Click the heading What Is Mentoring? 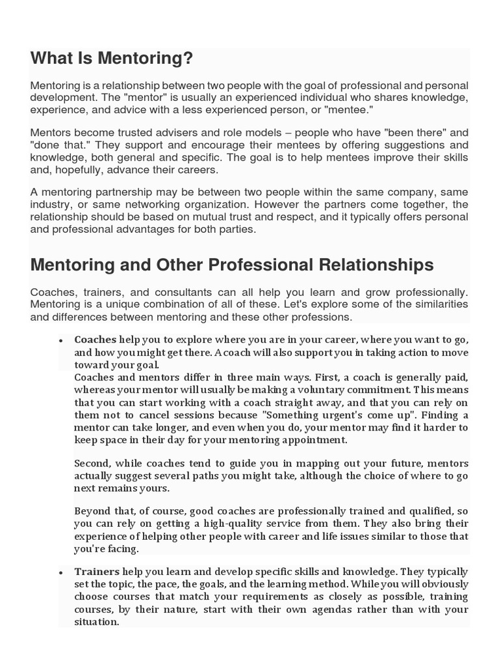112,59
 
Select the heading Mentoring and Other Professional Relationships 231,265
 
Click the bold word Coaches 96,340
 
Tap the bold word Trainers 97,572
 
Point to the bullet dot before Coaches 60,340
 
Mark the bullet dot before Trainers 60,572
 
